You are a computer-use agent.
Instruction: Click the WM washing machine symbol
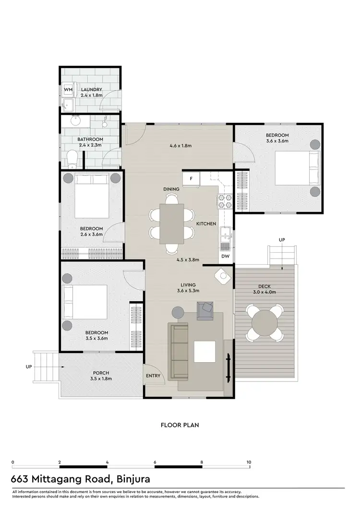(68, 90)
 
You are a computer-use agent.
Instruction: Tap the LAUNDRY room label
(91, 90)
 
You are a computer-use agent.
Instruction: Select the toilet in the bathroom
(72, 158)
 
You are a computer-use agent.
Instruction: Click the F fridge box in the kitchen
(192, 179)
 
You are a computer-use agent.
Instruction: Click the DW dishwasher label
(226, 257)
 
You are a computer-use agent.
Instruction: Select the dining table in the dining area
(171, 223)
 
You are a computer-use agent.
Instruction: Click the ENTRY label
(153, 376)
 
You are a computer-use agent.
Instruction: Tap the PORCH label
(101, 373)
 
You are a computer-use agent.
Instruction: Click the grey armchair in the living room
(205, 310)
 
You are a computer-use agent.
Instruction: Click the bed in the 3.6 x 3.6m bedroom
(296, 168)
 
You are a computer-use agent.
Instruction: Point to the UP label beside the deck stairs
(282, 239)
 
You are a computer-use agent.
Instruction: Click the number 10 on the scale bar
(248, 462)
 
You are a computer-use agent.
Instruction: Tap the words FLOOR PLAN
(180, 425)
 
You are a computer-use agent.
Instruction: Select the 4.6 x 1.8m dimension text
(181, 145)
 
